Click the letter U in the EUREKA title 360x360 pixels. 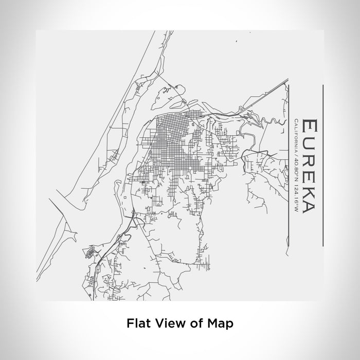[x=309, y=143]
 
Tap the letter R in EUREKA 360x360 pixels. [x=309, y=160]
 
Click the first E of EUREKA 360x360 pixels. [x=309, y=127]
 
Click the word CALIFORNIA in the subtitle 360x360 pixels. [x=296, y=136]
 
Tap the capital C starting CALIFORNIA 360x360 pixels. [x=296, y=122]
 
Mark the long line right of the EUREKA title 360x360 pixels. [x=322, y=165]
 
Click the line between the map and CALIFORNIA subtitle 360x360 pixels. [x=289, y=165]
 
